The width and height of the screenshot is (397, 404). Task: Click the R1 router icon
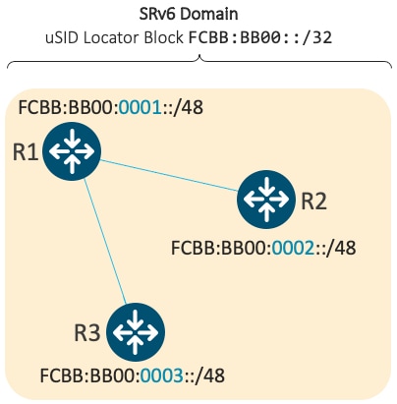(x=72, y=151)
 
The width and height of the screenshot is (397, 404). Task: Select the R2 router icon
(x=266, y=200)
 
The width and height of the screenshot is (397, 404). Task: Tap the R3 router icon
(x=136, y=332)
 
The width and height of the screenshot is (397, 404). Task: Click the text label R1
(x=26, y=152)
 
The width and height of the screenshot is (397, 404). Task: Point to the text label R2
(x=313, y=201)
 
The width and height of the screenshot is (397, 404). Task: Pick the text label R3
(x=87, y=333)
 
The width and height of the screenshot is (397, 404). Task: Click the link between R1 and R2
(x=169, y=175)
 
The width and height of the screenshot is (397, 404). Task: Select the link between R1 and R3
(x=105, y=242)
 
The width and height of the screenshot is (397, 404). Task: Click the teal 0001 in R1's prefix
(x=140, y=107)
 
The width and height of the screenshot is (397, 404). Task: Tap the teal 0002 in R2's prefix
(x=293, y=248)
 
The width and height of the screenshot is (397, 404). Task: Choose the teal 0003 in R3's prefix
(x=162, y=375)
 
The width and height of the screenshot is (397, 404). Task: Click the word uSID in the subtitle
(x=63, y=37)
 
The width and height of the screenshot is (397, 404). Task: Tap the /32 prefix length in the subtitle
(x=317, y=37)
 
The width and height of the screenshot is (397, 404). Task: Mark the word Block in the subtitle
(x=164, y=37)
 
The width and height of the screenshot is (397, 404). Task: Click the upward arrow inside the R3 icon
(x=136, y=345)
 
